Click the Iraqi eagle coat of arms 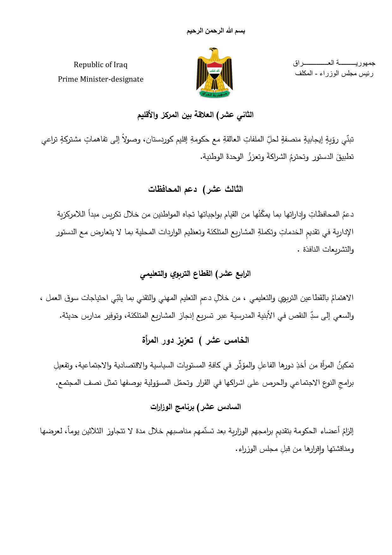click(215, 73)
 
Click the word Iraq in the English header click(120, 65)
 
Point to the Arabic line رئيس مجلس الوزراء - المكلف click(334, 73)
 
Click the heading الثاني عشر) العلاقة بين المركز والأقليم click(196, 115)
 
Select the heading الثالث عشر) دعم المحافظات click(196, 189)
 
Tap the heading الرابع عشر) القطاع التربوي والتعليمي click(196, 274)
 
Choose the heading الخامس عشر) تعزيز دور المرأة click(196, 340)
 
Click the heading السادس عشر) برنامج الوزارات click(196, 407)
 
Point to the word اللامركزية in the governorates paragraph click(75, 214)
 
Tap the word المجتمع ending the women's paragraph click(68, 384)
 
